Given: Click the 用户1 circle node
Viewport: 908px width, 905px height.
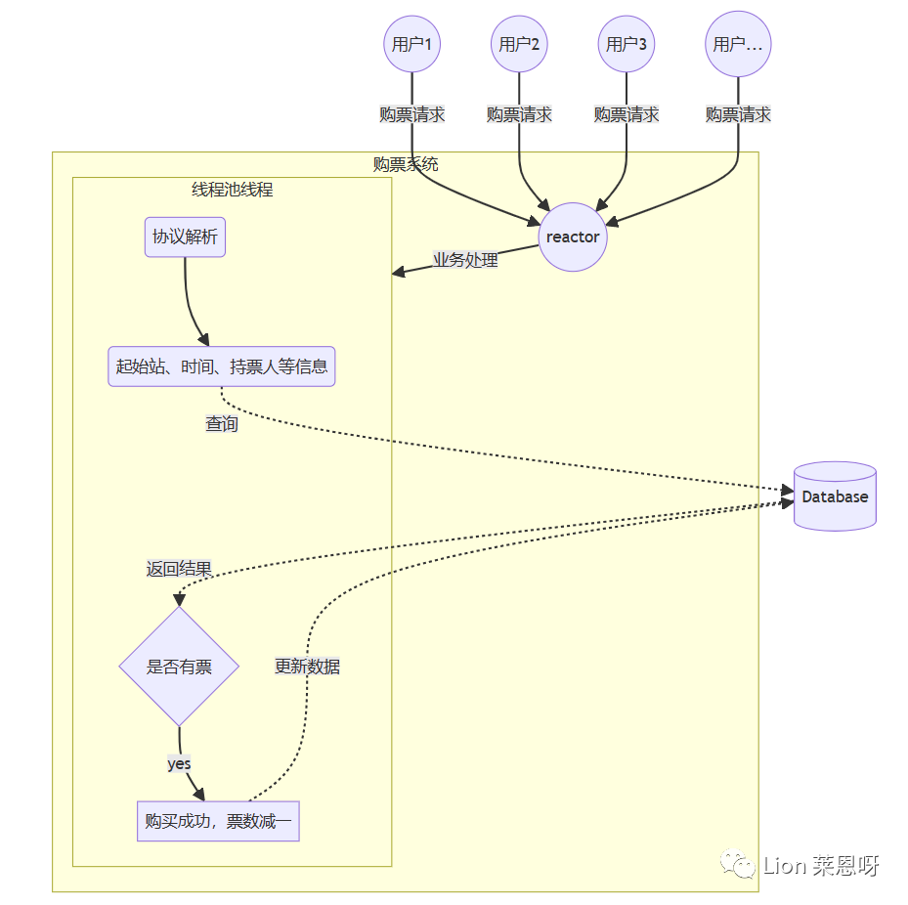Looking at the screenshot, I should [411, 44].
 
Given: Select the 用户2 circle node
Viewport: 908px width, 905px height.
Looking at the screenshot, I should [519, 44].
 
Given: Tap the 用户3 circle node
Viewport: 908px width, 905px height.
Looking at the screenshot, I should [627, 44].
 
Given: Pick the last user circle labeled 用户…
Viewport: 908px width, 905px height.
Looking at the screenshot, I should [738, 44].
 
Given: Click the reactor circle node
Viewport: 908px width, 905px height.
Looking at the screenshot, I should [573, 237].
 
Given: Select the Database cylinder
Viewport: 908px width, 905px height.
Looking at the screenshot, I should [835, 496].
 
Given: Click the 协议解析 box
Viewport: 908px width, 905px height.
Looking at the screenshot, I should [185, 237].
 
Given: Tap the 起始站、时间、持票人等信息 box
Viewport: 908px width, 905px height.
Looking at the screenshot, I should [221, 366].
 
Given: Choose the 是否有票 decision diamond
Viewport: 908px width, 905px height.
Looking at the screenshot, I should [179, 667].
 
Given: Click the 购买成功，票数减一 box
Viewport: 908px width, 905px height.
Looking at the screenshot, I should [218, 821].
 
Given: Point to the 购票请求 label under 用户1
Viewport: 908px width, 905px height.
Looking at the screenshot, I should [411, 114].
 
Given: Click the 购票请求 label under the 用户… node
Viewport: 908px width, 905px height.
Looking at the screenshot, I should [738, 114].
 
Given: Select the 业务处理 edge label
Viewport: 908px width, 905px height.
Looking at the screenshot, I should [465, 260].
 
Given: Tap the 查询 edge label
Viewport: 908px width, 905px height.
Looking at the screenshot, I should [221, 424].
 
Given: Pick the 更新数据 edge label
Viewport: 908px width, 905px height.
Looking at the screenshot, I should [307, 667].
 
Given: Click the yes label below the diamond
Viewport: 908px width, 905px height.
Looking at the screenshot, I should [179, 763].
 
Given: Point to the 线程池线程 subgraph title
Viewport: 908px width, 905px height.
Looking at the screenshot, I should [232, 190].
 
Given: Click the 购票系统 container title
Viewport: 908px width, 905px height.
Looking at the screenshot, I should [406, 164].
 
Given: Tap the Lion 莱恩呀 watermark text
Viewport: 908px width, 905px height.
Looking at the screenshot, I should [821, 865].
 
